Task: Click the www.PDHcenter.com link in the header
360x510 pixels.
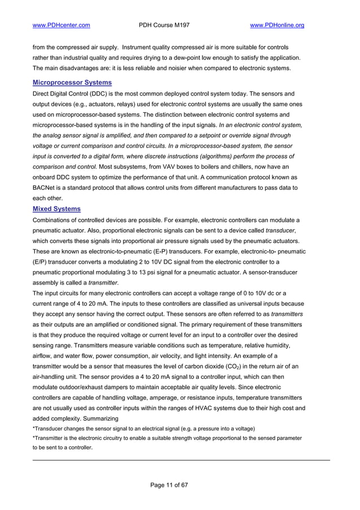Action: (x=62, y=25)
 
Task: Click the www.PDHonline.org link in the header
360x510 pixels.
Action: (x=276, y=25)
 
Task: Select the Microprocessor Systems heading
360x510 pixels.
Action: (x=71, y=82)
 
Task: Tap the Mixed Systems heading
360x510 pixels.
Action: (x=57, y=208)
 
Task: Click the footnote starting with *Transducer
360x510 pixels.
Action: (x=144, y=429)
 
